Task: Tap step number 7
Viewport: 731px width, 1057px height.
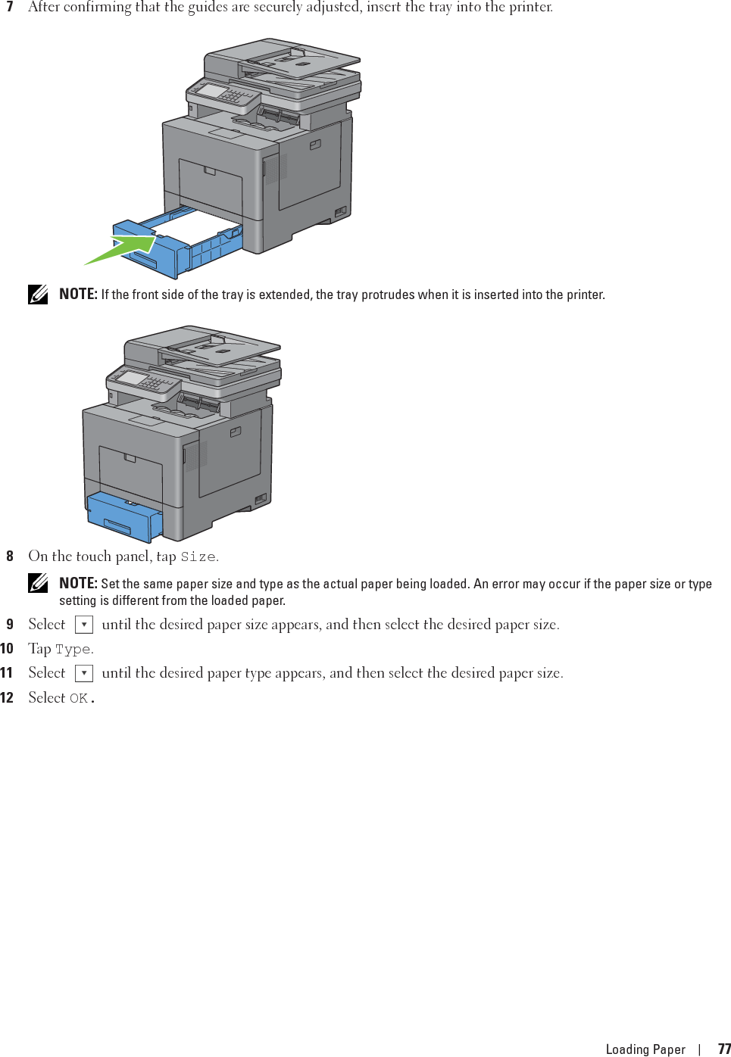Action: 9,7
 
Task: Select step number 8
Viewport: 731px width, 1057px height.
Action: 9,557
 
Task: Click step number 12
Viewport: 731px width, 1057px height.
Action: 7,697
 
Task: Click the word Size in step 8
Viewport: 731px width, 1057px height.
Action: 198,557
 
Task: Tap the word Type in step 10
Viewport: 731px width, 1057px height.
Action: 73,650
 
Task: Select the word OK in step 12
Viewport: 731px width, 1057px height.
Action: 79,698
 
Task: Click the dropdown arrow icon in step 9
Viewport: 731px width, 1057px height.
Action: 84,625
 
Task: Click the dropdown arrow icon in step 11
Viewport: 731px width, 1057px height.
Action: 84,673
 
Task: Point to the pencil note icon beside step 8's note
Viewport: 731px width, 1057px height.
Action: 39,583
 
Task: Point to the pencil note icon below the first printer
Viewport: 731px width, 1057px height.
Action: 39,294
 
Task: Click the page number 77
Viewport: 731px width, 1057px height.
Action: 724,1049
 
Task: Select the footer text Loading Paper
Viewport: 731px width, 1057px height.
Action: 645,1049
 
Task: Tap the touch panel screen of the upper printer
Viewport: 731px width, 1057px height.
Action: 213,92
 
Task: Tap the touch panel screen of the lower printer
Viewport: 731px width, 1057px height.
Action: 133,378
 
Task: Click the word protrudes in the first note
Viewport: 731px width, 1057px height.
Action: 387,295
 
